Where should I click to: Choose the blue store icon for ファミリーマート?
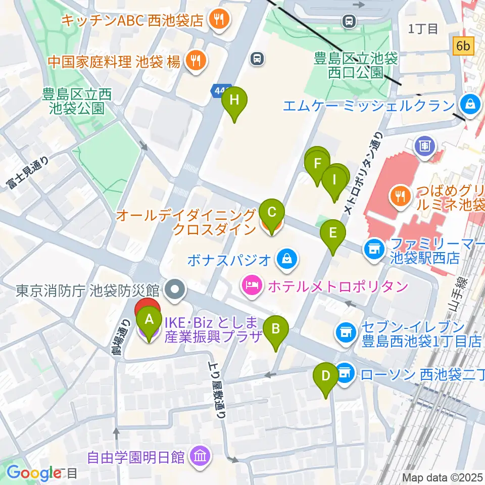[374, 249]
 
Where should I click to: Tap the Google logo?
[33, 472]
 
